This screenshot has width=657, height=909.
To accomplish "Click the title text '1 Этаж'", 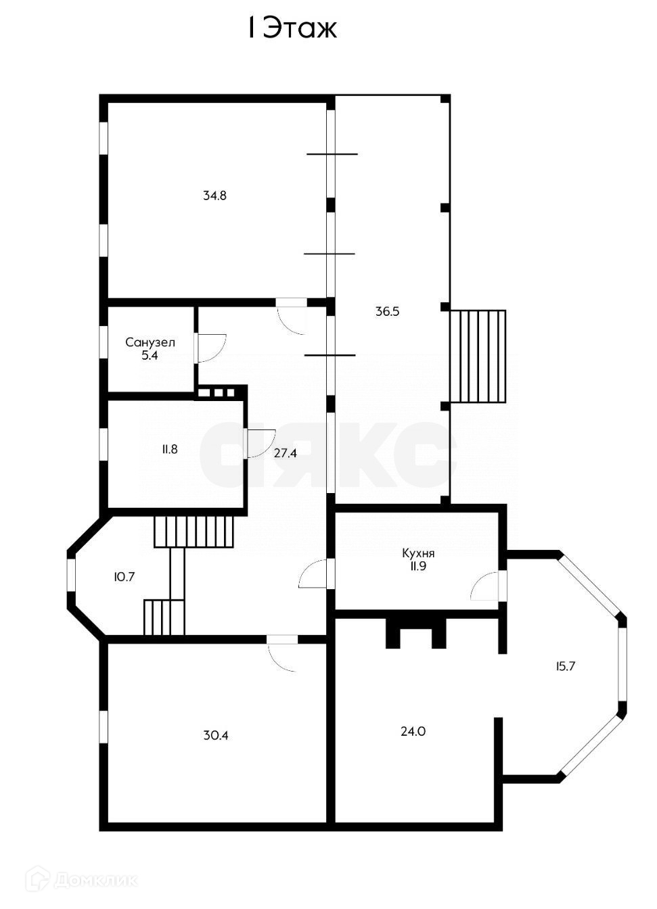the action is point(291,28).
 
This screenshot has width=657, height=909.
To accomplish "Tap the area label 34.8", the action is point(214,196).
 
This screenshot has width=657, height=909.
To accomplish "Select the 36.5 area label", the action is point(388,312).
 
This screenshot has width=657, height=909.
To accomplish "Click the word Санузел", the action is point(150,342).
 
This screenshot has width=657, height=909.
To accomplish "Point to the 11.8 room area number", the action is point(169,448).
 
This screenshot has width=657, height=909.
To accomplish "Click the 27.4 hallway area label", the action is point(285,453).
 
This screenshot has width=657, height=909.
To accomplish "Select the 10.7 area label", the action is point(124,577).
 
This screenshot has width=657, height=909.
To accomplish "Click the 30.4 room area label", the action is point(215,735).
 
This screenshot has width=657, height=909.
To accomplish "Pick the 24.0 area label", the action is point(413,731).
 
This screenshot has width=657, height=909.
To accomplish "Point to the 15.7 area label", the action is point(565,666).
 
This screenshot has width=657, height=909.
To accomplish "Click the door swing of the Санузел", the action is point(210,348).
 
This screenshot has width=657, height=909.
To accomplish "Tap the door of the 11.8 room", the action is point(260,444).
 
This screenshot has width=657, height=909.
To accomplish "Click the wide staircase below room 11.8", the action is point(194,532).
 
